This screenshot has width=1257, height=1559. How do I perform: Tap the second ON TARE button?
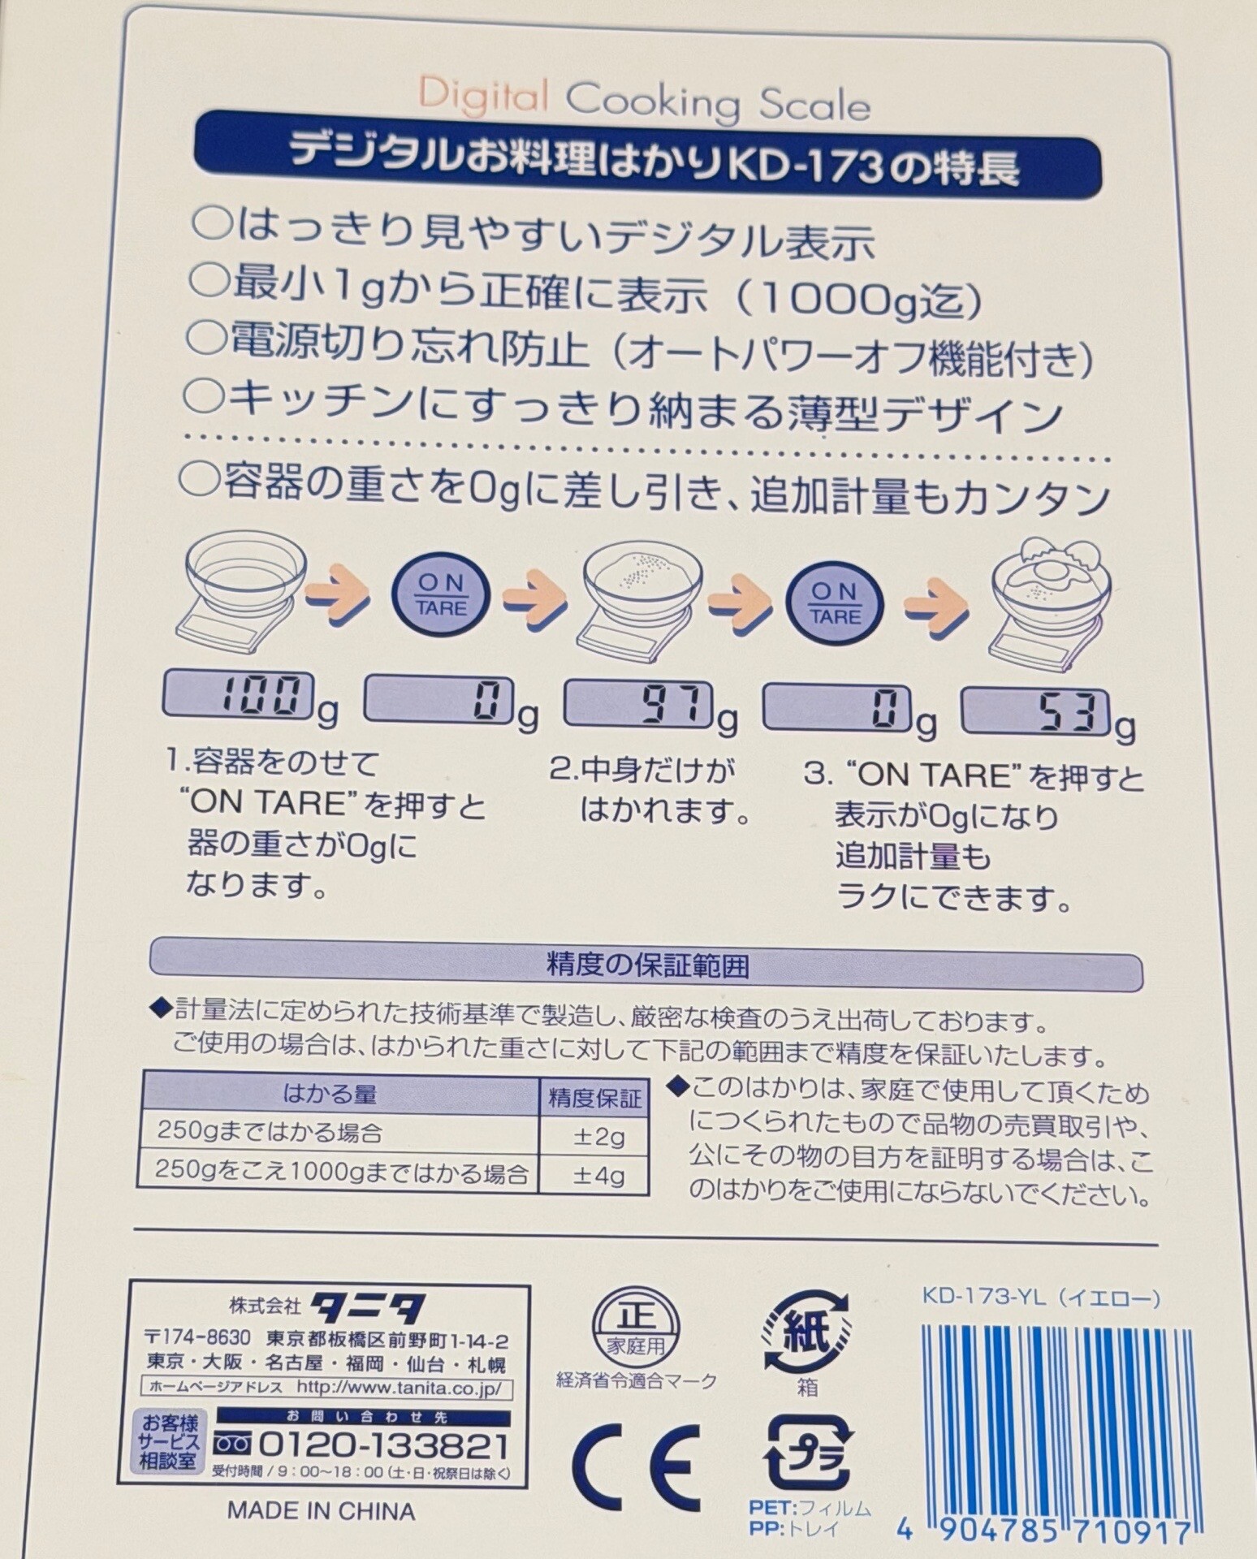click(834, 603)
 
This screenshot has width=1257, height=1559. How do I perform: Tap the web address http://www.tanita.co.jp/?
click(401, 1388)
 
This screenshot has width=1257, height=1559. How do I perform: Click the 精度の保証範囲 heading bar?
click(646, 965)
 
